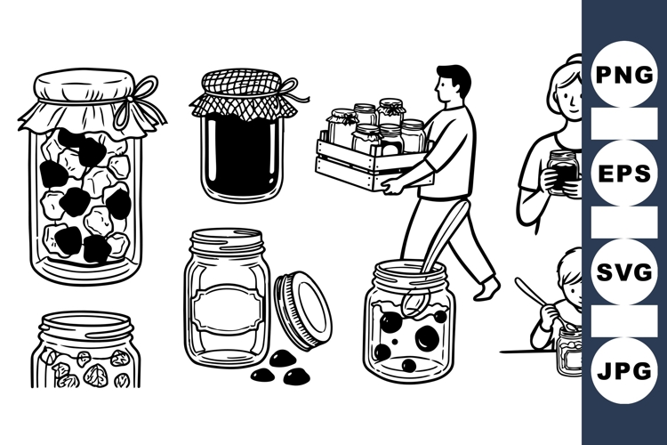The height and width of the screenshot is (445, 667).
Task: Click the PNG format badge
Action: point(623,74)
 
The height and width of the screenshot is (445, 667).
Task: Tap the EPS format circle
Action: point(623,174)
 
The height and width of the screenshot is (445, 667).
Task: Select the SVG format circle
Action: point(623,271)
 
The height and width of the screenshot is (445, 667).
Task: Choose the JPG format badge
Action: point(623,371)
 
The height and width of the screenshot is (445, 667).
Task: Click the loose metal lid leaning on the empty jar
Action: point(303,311)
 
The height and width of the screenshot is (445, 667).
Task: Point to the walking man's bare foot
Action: point(487,289)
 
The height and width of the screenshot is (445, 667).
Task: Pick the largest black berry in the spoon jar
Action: point(427,337)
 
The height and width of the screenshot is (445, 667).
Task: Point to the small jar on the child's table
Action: point(570,352)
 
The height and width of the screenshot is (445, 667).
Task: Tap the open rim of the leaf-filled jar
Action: point(86,324)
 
